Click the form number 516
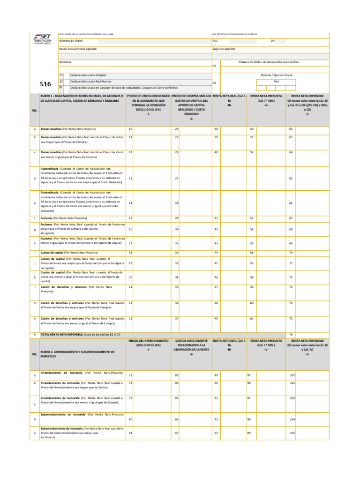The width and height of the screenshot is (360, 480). (x=45, y=84)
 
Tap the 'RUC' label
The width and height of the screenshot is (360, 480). (x=215, y=41)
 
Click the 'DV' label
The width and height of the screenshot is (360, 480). (x=273, y=41)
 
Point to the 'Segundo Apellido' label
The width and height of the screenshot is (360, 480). (x=224, y=49)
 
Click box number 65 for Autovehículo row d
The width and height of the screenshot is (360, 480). (x=291, y=178)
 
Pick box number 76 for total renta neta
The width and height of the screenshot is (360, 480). (x=291, y=335)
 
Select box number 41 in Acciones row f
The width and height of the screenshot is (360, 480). (x=216, y=218)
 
